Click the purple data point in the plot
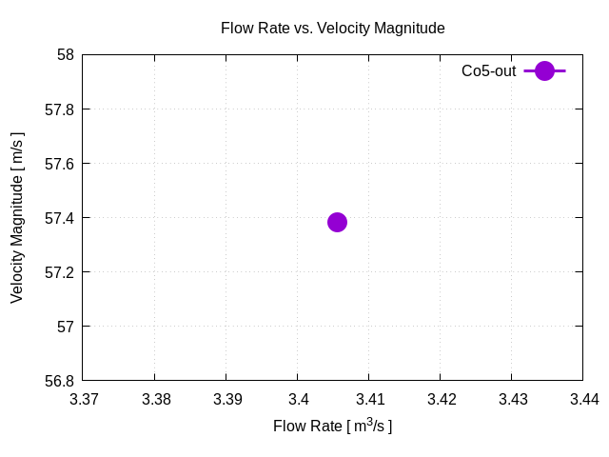point(337,222)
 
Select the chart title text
point(332,29)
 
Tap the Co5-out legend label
point(488,70)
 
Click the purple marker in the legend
point(544,70)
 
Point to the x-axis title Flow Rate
point(332,426)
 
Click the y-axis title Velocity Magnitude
point(17,218)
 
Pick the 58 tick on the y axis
point(66,54)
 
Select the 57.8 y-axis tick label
point(60,109)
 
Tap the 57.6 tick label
point(60,164)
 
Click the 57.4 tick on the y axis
point(60,218)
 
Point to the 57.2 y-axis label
point(60,272)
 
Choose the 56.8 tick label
point(60,381)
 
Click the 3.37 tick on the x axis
point(84,399)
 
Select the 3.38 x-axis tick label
point(155,399)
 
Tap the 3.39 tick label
point(226,399)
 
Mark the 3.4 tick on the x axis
point(298,399)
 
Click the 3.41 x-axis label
point(369,399)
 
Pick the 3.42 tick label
point(441,399)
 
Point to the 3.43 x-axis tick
point(512,399)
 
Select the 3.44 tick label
point(583,399)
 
